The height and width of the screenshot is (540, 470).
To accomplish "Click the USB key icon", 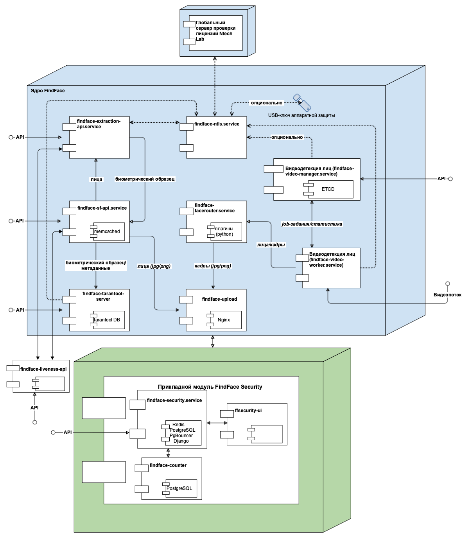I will [302, 102].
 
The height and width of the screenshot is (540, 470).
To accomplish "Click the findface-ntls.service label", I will [217, 124].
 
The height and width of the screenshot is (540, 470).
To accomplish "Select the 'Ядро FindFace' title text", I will [48, 91].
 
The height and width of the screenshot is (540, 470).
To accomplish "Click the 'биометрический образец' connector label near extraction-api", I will [145, 179].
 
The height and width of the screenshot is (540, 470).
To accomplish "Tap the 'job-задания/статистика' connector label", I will [312, 224].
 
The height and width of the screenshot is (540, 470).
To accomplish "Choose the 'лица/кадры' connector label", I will [271, 245].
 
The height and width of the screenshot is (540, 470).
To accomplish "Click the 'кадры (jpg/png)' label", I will [213, 266].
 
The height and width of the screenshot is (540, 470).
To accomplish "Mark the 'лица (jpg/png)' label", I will [154, 266].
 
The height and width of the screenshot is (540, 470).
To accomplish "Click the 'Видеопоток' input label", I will [447, 295].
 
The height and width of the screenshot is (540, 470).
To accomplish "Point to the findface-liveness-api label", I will [43, 369].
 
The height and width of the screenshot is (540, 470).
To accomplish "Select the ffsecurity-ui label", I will [248, 411].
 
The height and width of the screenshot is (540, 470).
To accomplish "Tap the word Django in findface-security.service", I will [181, 441].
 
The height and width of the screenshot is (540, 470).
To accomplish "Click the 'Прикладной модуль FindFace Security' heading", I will [210, 387].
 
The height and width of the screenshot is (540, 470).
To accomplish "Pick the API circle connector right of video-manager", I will [450, 179].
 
